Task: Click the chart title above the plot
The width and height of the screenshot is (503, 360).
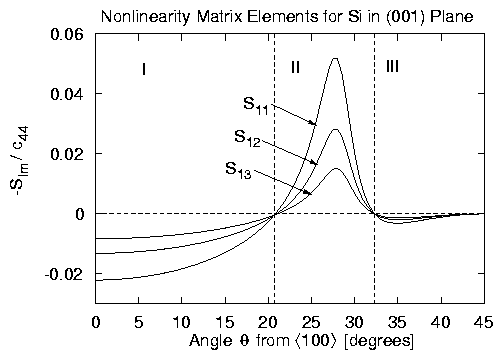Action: tap(289, 13)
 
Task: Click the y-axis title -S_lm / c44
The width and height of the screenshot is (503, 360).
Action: tap(23, 168)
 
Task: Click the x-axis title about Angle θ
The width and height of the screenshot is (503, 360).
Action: tap(289, 342)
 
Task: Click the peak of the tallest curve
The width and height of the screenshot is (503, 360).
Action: tap(334, 58)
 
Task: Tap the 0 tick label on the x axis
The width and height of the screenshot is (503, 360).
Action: tap(96, 322)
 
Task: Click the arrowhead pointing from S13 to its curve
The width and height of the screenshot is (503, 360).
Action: tap(309, 192)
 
